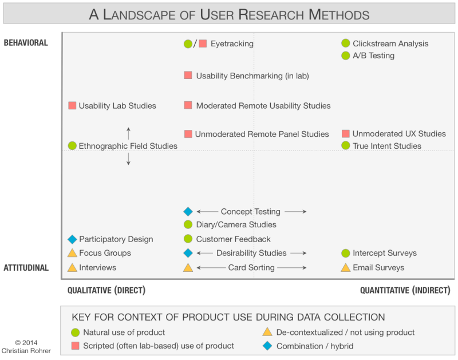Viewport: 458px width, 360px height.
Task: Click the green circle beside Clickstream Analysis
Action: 345,43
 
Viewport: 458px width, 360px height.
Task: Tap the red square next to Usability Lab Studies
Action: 72,105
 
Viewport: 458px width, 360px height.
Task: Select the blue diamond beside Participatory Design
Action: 72,239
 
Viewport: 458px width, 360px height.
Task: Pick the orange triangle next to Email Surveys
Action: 345,267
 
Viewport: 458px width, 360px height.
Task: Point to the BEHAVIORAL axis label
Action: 26,43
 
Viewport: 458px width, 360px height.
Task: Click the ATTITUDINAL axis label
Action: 26,267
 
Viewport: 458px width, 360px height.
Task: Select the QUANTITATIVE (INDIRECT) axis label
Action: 405,291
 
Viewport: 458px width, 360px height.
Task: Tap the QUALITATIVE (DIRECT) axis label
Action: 106,291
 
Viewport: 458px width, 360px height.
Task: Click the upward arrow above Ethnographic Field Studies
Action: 128,133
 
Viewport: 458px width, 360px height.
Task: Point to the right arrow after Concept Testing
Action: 295,212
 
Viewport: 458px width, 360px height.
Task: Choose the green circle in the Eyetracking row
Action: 188,43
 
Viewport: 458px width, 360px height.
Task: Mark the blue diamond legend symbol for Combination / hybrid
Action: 267,346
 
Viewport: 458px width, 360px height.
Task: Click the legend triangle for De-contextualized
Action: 267,332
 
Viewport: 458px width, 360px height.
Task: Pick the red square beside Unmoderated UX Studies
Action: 345,133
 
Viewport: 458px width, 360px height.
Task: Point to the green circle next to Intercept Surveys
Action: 345,253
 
